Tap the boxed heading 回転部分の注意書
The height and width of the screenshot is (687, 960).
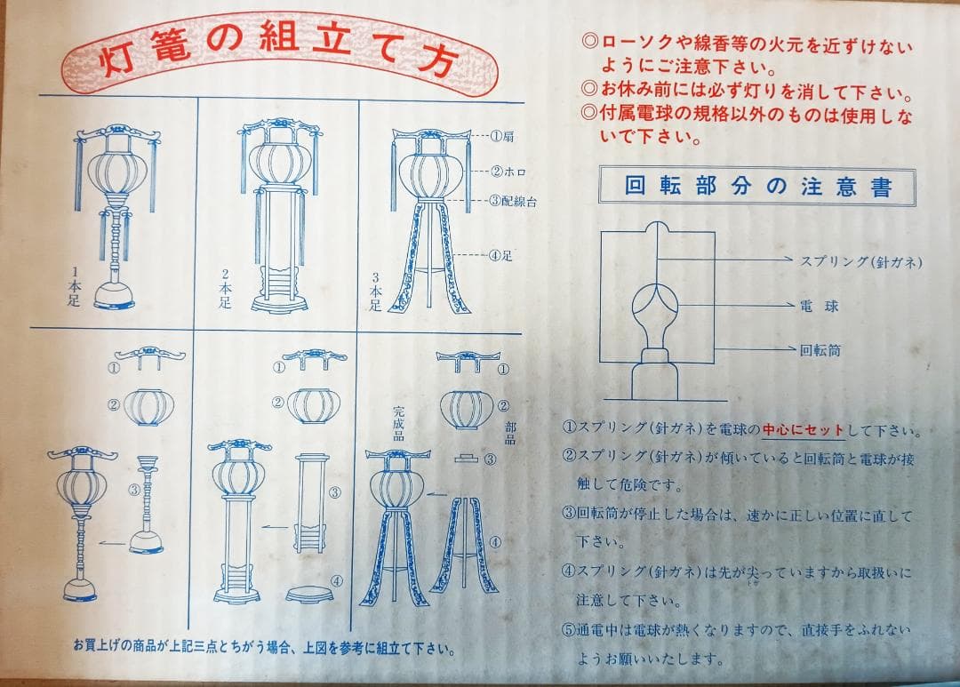757,186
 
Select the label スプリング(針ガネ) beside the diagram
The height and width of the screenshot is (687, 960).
860,262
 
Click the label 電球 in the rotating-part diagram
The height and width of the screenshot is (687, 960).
820,306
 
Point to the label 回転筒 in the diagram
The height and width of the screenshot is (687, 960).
820,350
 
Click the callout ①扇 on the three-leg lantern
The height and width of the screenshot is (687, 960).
502,136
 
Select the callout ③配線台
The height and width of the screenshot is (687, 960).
513,201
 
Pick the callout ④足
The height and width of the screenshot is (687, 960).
500,255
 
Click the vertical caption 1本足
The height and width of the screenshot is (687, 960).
74,286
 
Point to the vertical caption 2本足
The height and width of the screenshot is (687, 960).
225,288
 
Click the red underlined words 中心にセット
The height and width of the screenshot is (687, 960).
803,430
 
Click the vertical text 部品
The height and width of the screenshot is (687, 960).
510,433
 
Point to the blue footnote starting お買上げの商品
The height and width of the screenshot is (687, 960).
265,647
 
